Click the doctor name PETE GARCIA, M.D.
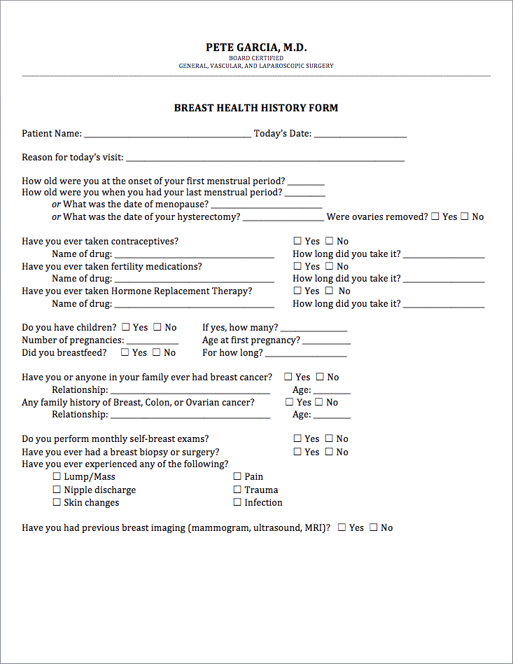(x=256, y=48)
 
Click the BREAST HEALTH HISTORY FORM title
(x=256, y=109)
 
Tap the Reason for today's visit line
(x=265, y=159)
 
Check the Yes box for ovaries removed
(x=435, y=216)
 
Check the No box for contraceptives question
(x=330, y=241)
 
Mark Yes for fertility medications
(x=298, y=266)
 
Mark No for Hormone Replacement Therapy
(x=330, y=291)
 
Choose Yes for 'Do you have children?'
(x=126, y=327)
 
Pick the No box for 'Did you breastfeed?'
(x=157, y=352)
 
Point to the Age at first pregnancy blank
(x=327, y=342)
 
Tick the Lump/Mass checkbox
(x=57, y=476)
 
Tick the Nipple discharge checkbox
(x=57, y=490)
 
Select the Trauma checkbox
(x=237, y=490)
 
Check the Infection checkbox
(x=237, y=502)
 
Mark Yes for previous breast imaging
(x=342, y=527)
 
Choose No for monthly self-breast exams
(x=330, y=438)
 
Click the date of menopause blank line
(x=266, y=206)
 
